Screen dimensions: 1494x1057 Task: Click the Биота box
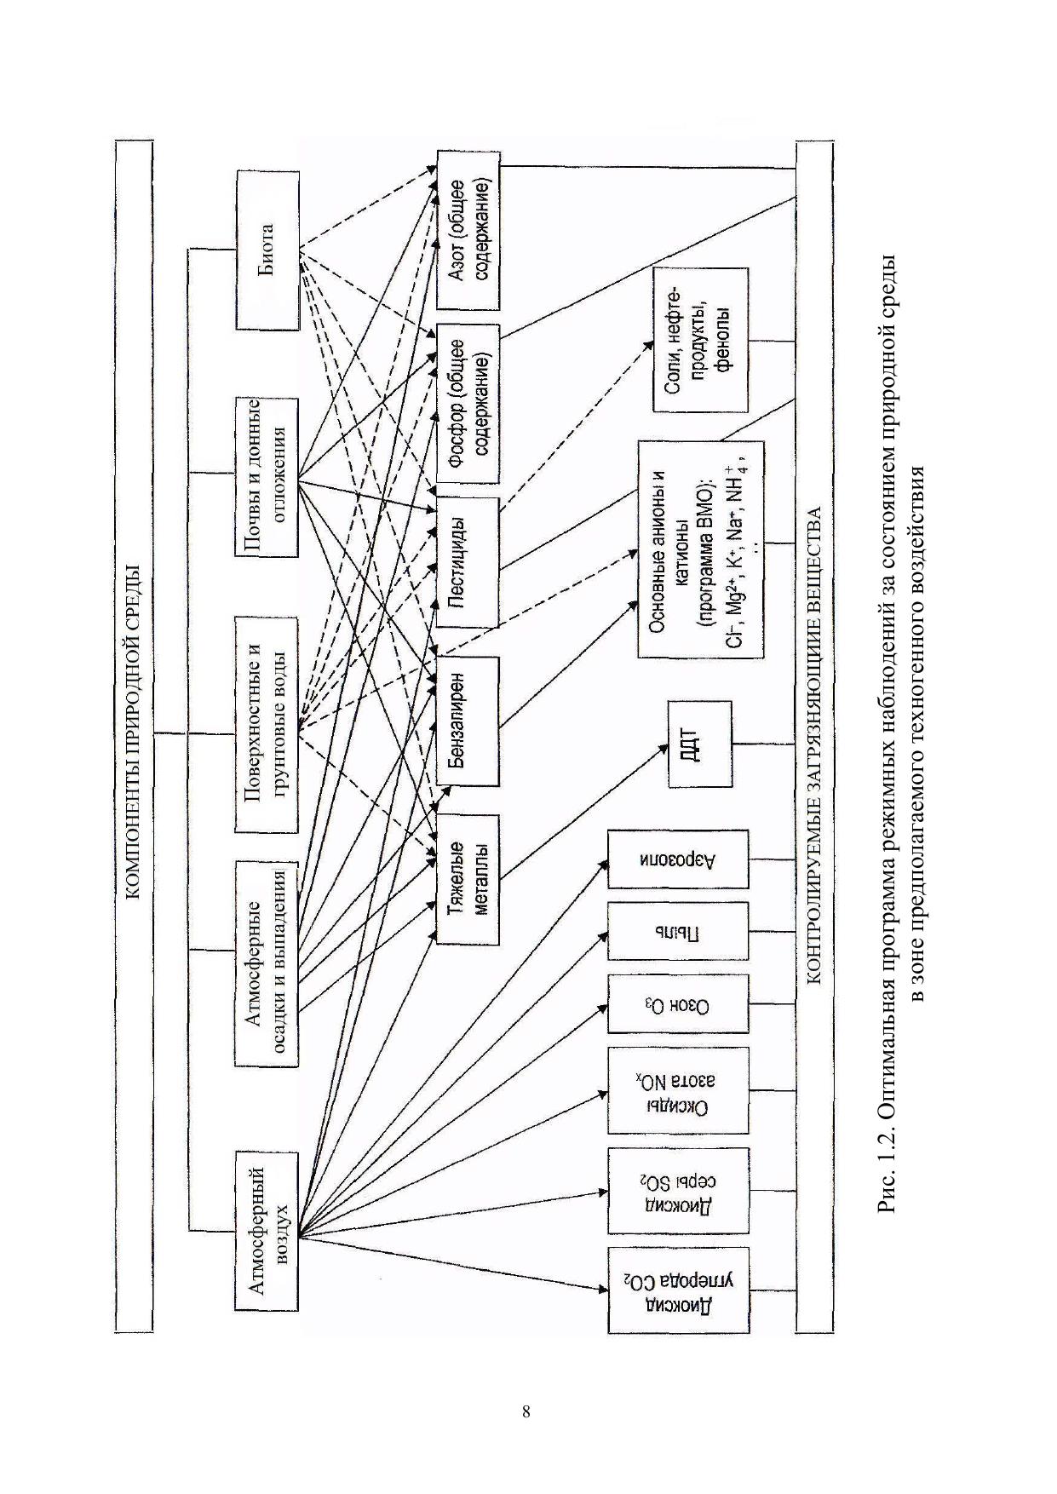click(x=267, y=250)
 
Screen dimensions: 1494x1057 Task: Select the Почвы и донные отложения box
click(x=267, y=476)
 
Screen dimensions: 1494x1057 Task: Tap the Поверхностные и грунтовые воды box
click(x=267, y=724)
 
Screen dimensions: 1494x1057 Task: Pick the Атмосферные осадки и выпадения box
click(x=267, y=962)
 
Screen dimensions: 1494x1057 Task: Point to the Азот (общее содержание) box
click(x=468, y=230)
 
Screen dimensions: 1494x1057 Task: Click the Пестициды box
click(x=468, y=562)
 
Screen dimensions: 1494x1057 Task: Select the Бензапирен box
click(x=468, y=721)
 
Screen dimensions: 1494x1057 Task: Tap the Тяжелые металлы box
click(x=468, y=879)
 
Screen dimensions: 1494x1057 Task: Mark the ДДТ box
click(x=699, y=744)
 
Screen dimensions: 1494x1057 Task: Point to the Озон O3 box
click(x=678, y=1005)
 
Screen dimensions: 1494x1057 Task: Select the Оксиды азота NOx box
click(x=678, y=1090)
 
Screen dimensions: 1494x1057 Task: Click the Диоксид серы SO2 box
click(x=678, y=1191)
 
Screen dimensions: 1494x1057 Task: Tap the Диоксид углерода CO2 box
click(x=678, y=1290)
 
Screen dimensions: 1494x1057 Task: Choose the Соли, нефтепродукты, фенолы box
click(x=700, y=340)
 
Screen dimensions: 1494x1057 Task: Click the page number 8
click(x=526, y=1411)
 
